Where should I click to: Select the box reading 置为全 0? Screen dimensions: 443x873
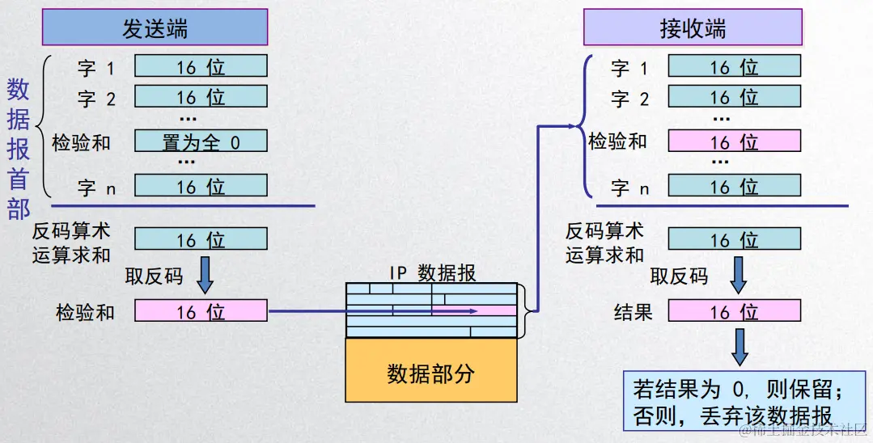coord(201,141)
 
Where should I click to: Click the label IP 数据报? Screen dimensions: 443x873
coord(433,272)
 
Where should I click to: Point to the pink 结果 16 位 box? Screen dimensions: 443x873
coord(734,311)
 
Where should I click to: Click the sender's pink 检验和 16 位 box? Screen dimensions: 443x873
coord(201,311)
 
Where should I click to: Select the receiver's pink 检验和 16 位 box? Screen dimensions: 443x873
coord(734,141)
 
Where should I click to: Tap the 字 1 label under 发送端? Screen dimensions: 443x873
coord(95,68)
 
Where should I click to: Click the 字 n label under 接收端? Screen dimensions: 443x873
coord(629,188)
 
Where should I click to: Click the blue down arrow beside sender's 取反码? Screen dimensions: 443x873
coord(206,275)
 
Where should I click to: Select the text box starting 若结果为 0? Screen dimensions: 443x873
coord(744,402)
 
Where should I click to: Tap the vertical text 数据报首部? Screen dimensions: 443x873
coord(19,150)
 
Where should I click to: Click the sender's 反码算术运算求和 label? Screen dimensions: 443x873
coord(71,243)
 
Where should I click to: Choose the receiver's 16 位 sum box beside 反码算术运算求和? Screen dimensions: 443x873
coord(734,239)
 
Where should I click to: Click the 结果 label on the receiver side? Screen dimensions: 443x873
coord(633,311)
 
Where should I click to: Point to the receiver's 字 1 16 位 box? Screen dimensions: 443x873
coord(734,66)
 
